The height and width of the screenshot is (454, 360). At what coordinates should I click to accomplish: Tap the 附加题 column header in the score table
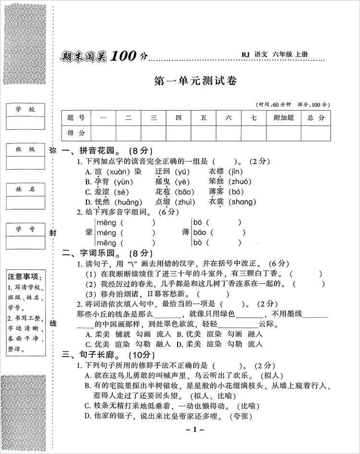[x=283, y=118]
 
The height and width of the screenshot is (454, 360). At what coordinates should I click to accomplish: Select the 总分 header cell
[x=316, y=118]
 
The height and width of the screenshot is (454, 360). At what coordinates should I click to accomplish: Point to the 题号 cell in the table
[x=76, y=118]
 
